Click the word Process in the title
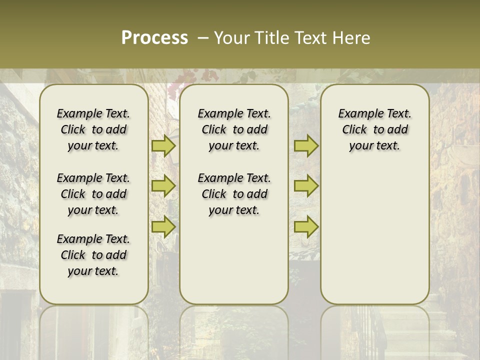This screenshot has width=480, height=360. click(154, 38)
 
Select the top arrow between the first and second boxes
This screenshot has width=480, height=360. click(163, 146)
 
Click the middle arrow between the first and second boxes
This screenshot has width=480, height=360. click(163, 186)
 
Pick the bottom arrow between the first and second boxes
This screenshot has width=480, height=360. click(163, 227)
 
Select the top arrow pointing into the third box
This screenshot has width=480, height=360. click(306, 146)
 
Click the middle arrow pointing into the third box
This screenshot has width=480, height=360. click(306, 186)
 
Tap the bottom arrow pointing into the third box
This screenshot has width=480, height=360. click(306, 227)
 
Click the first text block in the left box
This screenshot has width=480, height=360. click(93, 129)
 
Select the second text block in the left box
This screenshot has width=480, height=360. click(93, 194)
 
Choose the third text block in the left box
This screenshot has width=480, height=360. click(93, 255)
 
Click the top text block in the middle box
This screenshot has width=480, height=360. click(234, 129)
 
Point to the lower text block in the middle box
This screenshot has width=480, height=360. click(234, 194)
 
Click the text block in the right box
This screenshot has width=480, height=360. click(374, 129)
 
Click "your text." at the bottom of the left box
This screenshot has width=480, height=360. click(93, 271)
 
